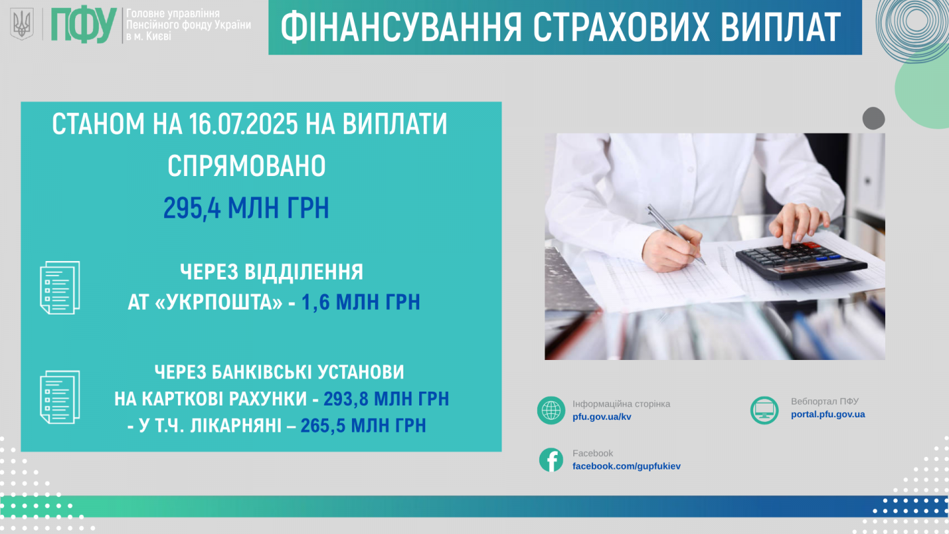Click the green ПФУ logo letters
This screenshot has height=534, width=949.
click(x=84, y=25)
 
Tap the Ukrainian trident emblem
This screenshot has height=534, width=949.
click(x=22, y=24)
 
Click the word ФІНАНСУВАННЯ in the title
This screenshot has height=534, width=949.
click(x=401, y=27)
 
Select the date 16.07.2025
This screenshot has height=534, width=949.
click(x=243, y=124)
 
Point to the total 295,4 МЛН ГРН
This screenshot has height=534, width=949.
click(x=246, y=208)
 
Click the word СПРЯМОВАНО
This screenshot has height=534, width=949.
click(x=246, y=165)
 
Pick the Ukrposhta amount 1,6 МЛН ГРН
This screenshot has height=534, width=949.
click(x=360, y=302)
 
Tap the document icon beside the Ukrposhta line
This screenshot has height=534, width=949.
click(x=60, y=287)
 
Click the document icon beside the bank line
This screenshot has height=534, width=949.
click(x=60, y=397)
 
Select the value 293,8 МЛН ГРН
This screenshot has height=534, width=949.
click(x=386, y=399)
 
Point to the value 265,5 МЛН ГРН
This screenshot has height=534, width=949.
click(x=363, y=425)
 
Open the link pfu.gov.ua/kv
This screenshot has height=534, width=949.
click(x=602, y=417)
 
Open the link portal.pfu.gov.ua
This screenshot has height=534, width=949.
click(x=828, y=414)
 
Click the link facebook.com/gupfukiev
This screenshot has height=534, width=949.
click(x=626, y=466)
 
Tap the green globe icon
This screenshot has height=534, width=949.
click(x=551, y=410)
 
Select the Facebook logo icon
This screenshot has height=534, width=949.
click(x=551, y=460)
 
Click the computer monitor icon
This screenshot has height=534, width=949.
click(x=764, y=410)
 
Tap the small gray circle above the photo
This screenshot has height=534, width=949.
click(x=874, y=118)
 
